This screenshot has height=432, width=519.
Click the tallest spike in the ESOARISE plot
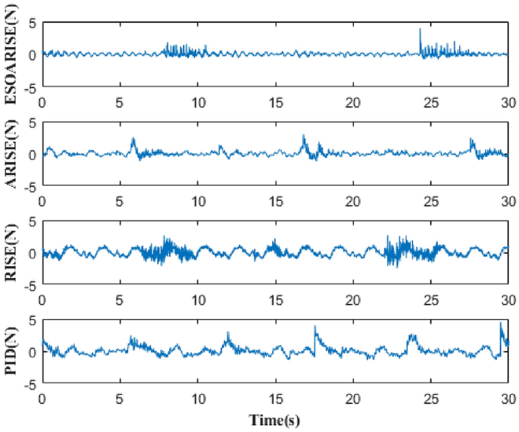tap(420, 30)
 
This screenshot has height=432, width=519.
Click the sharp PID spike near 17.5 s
tap(315, 327)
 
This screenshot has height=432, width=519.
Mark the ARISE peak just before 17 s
tap(303, 136)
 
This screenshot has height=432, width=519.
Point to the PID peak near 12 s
tap(227, 333)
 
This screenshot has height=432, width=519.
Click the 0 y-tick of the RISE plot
tap(33, 253)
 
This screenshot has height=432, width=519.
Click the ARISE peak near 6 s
tap(133, 139)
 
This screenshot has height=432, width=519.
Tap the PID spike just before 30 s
tap(501, 324)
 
